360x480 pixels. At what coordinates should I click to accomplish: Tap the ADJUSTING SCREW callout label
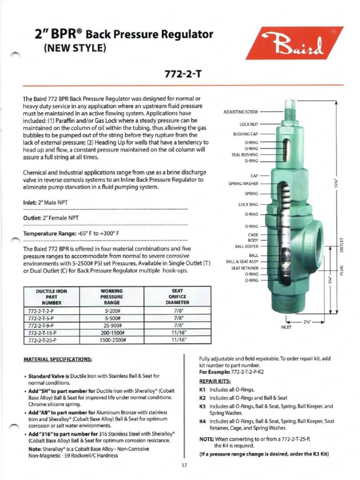pyautogui.click(x=241, y=112)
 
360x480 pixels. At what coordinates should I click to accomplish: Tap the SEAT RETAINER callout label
pyautogui.click(x=245, y=268)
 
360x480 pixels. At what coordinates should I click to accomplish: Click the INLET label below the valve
pyautogui.click(x=286, y=327)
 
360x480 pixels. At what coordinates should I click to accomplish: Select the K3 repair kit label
pyautogui.click(x=202, y=406)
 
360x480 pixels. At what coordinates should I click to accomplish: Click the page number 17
pyautogui.click(x=184, y=465)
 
